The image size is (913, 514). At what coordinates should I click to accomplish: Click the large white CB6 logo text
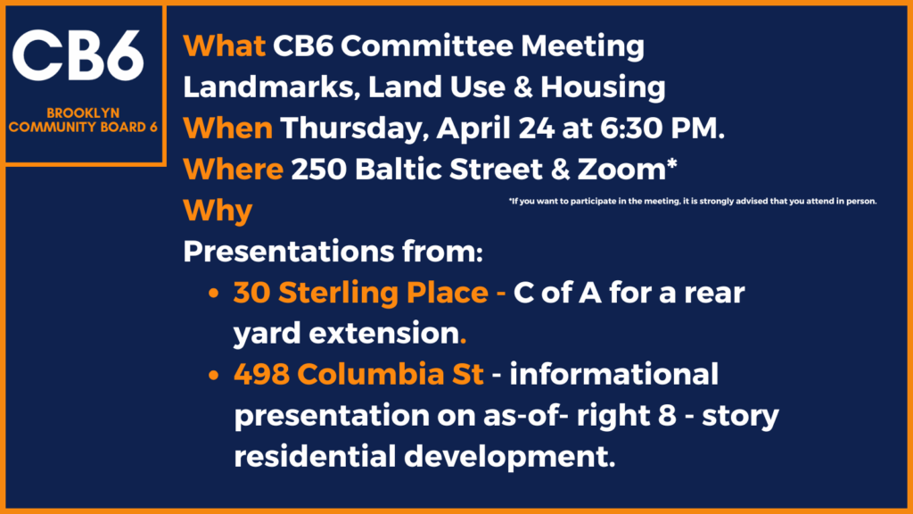click(x=78, y=56)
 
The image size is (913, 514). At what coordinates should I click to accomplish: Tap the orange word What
click(x=224, y=46)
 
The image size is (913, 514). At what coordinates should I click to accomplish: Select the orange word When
click(x=227, y=128)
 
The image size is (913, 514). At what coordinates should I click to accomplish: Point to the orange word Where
click(x=233, y=170)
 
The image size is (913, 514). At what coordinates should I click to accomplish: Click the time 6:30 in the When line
click(x=632, y=128)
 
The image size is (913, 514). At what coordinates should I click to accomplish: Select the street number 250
click(x=319, y=170)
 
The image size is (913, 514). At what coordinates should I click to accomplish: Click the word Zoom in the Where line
click(x=621, y=170)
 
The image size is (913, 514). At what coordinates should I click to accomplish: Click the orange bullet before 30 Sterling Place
click(x=214, y=293)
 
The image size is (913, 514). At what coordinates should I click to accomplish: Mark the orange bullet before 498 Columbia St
click(x=214, y=375)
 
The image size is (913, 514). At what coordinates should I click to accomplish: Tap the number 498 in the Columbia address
click(x=262, y=374)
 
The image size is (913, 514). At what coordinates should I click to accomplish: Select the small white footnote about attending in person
click(x=693, y=201)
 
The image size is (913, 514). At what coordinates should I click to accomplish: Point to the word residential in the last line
click(x=315, y=456)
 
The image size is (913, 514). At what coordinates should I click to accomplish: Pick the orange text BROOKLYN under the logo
click(x=83, y=113)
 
